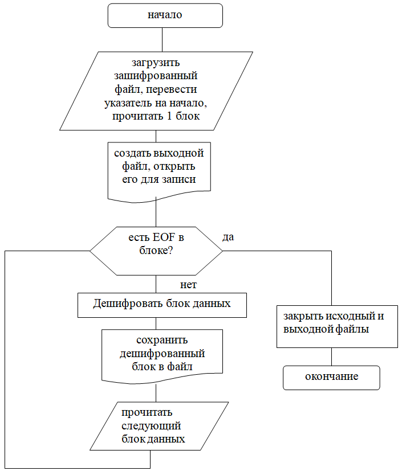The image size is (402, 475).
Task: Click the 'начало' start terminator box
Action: (165, 16)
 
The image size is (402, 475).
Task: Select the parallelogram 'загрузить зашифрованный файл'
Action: (156, 91)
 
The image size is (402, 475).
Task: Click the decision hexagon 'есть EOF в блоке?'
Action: (156, 251)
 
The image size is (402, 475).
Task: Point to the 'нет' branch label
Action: (188, 284)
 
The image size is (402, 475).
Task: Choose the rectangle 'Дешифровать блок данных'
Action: (162, 304)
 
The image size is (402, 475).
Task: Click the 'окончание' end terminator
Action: (331, 377)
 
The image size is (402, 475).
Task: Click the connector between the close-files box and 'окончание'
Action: (331, 357)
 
